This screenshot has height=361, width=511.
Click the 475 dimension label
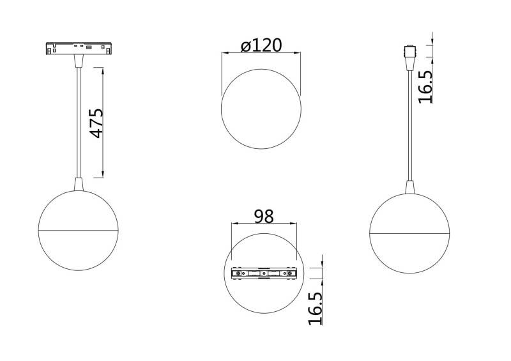click(96, 123)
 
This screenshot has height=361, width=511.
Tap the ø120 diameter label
click(261, 46)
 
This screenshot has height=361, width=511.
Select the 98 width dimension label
click(263, 216)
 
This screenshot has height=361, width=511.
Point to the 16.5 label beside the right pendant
click(425, 86)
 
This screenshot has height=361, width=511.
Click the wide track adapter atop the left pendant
click(79, 48)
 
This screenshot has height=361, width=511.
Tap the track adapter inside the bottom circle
click(264, 273)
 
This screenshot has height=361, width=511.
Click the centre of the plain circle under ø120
click(261, 109)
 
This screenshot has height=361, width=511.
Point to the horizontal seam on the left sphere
click(78, 229)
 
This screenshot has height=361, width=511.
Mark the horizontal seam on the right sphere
click(409, 233)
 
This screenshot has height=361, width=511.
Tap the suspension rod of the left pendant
click(79, 121)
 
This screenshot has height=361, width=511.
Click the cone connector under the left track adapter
click(79, 61)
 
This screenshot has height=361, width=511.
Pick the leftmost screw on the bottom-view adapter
click(238, 273)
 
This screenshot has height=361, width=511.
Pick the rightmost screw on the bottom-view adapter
click(291, 273)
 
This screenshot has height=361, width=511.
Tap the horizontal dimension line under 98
click(264, 224)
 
